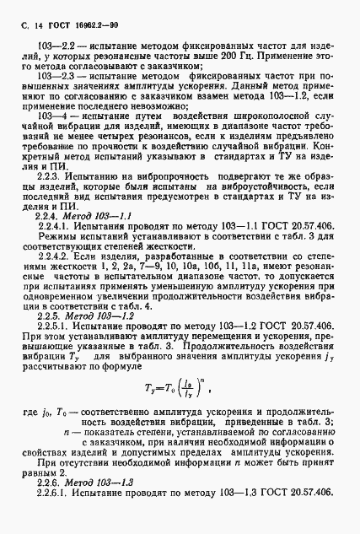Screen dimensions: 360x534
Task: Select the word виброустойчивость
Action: (x=266, y=206)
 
